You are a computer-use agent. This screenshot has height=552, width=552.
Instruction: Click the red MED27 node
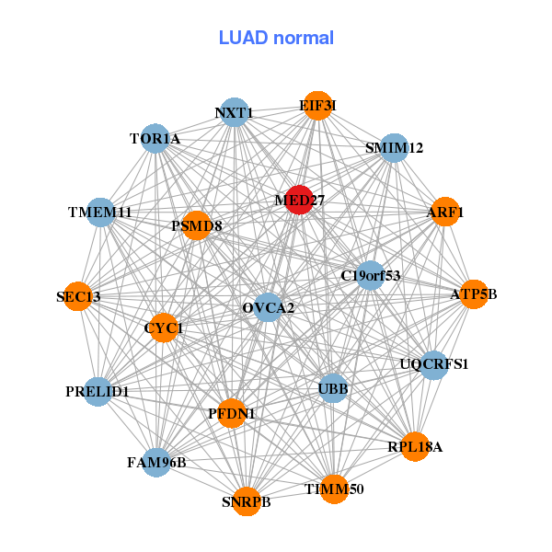tap(299, 200)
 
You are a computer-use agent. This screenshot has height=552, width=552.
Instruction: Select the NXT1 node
tap(235, 113)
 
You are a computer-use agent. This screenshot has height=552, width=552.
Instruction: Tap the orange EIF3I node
tap(317, 106)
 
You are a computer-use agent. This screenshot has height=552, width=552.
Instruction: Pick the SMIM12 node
tap(394, 148)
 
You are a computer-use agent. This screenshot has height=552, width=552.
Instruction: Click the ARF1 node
tap(445, 213)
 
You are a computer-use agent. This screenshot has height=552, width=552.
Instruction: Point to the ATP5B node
tap(474, 294)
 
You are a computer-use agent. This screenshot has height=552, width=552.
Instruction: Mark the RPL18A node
tap(416, 447)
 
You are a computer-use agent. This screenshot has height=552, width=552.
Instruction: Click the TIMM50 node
tap(335, 489)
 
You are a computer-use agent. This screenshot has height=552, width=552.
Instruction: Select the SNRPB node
tap(247, 501)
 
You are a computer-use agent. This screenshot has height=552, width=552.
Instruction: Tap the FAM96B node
tap(156, 462)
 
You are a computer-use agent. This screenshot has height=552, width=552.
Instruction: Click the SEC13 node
tap(78, 296)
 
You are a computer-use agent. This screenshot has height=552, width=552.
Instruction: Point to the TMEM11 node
tap(99, 213)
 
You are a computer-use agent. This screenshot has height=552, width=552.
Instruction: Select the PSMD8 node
tap(197, 225)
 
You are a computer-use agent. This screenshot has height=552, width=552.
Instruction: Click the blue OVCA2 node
tap(269, 307)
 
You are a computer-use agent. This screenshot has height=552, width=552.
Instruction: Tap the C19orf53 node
tap(370, 275)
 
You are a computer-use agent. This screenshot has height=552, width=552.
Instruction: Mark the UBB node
tap(333, 389)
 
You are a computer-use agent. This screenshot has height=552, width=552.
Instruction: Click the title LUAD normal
tap(276, 38)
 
